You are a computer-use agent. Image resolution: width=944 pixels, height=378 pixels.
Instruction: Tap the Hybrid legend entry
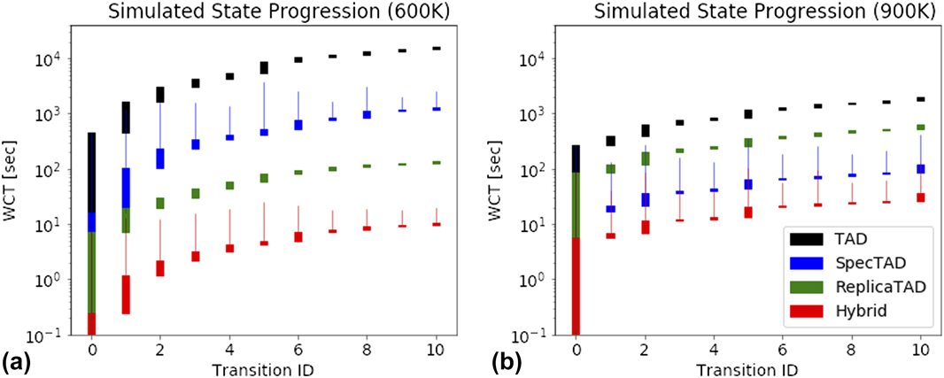coord(854,311)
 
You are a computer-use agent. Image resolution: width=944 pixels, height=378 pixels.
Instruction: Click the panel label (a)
coord(17,361)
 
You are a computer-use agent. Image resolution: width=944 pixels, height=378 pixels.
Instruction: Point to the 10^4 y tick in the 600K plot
coord(48,58)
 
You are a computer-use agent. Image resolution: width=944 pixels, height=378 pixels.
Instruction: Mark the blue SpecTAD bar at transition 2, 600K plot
coord(160,158)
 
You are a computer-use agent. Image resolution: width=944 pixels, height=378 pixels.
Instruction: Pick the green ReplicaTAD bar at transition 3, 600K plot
coord(196,193)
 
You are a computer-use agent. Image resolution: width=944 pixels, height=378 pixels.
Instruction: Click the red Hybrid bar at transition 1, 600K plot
coord(126,294)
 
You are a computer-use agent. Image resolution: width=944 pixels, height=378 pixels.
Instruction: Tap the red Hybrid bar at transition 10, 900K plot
coord(920,197)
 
